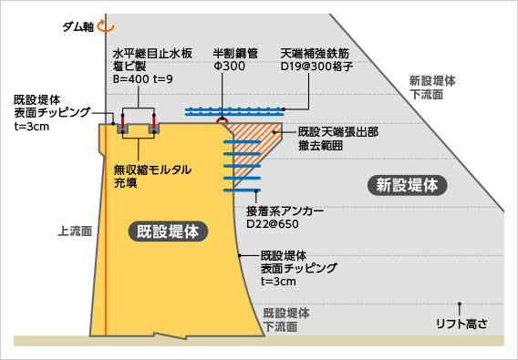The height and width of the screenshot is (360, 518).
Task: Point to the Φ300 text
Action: (228, 67)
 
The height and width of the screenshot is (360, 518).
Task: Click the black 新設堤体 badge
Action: (408, 185)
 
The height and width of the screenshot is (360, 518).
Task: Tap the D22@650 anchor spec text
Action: (274, 221)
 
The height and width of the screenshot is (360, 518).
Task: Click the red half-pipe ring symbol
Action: (221, 120)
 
